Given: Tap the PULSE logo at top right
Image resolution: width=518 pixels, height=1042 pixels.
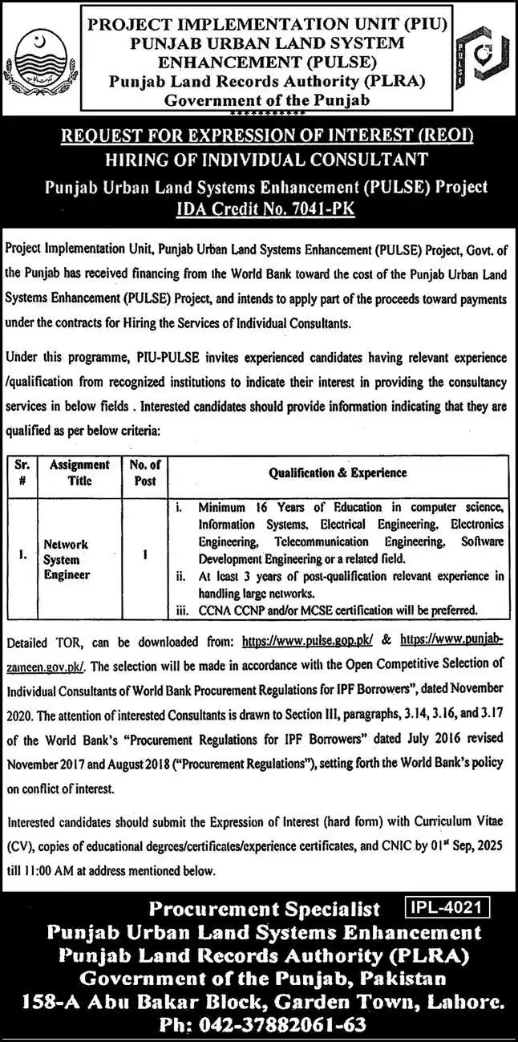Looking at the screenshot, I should tap(480, 59).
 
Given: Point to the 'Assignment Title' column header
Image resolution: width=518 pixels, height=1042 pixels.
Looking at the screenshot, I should tap(80, 472).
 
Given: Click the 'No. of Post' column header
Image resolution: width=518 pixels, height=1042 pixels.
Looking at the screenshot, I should tap(144, 472).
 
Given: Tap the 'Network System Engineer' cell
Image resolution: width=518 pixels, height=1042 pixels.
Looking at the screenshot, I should tap(67, 558).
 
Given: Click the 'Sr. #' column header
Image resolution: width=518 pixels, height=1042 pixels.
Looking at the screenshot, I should tap(22, 472).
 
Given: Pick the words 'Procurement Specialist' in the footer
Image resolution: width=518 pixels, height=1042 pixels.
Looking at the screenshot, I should tap(265, 909).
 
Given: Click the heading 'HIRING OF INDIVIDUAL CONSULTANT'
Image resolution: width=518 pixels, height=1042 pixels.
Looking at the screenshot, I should tap(259, 160).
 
